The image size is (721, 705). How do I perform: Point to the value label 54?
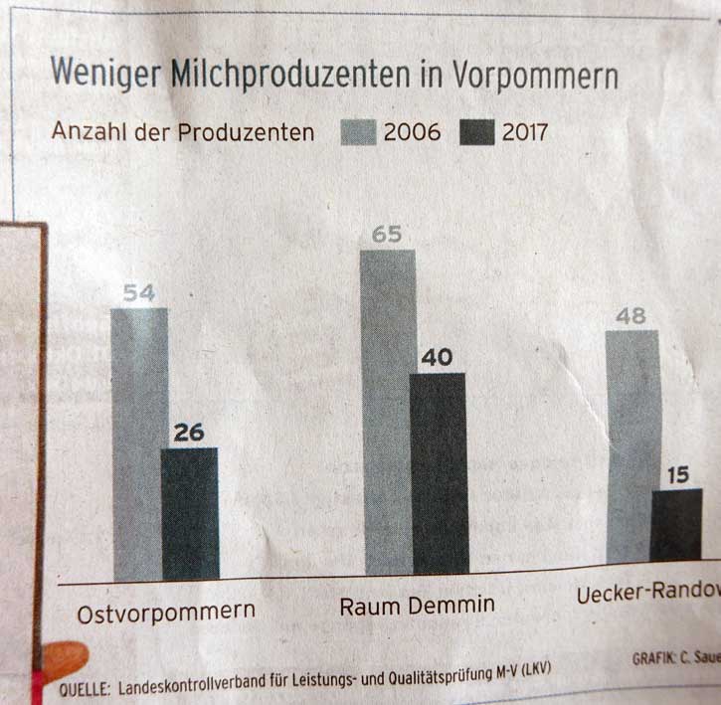point(139,293)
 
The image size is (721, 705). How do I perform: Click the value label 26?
point(189,433)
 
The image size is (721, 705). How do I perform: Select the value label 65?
point(386,236)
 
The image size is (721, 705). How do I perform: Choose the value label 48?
point(631,316)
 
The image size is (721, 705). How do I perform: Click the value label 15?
point(676,474)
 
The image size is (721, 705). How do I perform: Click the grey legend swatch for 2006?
point(358,132)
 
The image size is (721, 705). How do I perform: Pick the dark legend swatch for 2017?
point(478,132)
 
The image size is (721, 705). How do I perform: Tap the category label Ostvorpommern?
point(166,611)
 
